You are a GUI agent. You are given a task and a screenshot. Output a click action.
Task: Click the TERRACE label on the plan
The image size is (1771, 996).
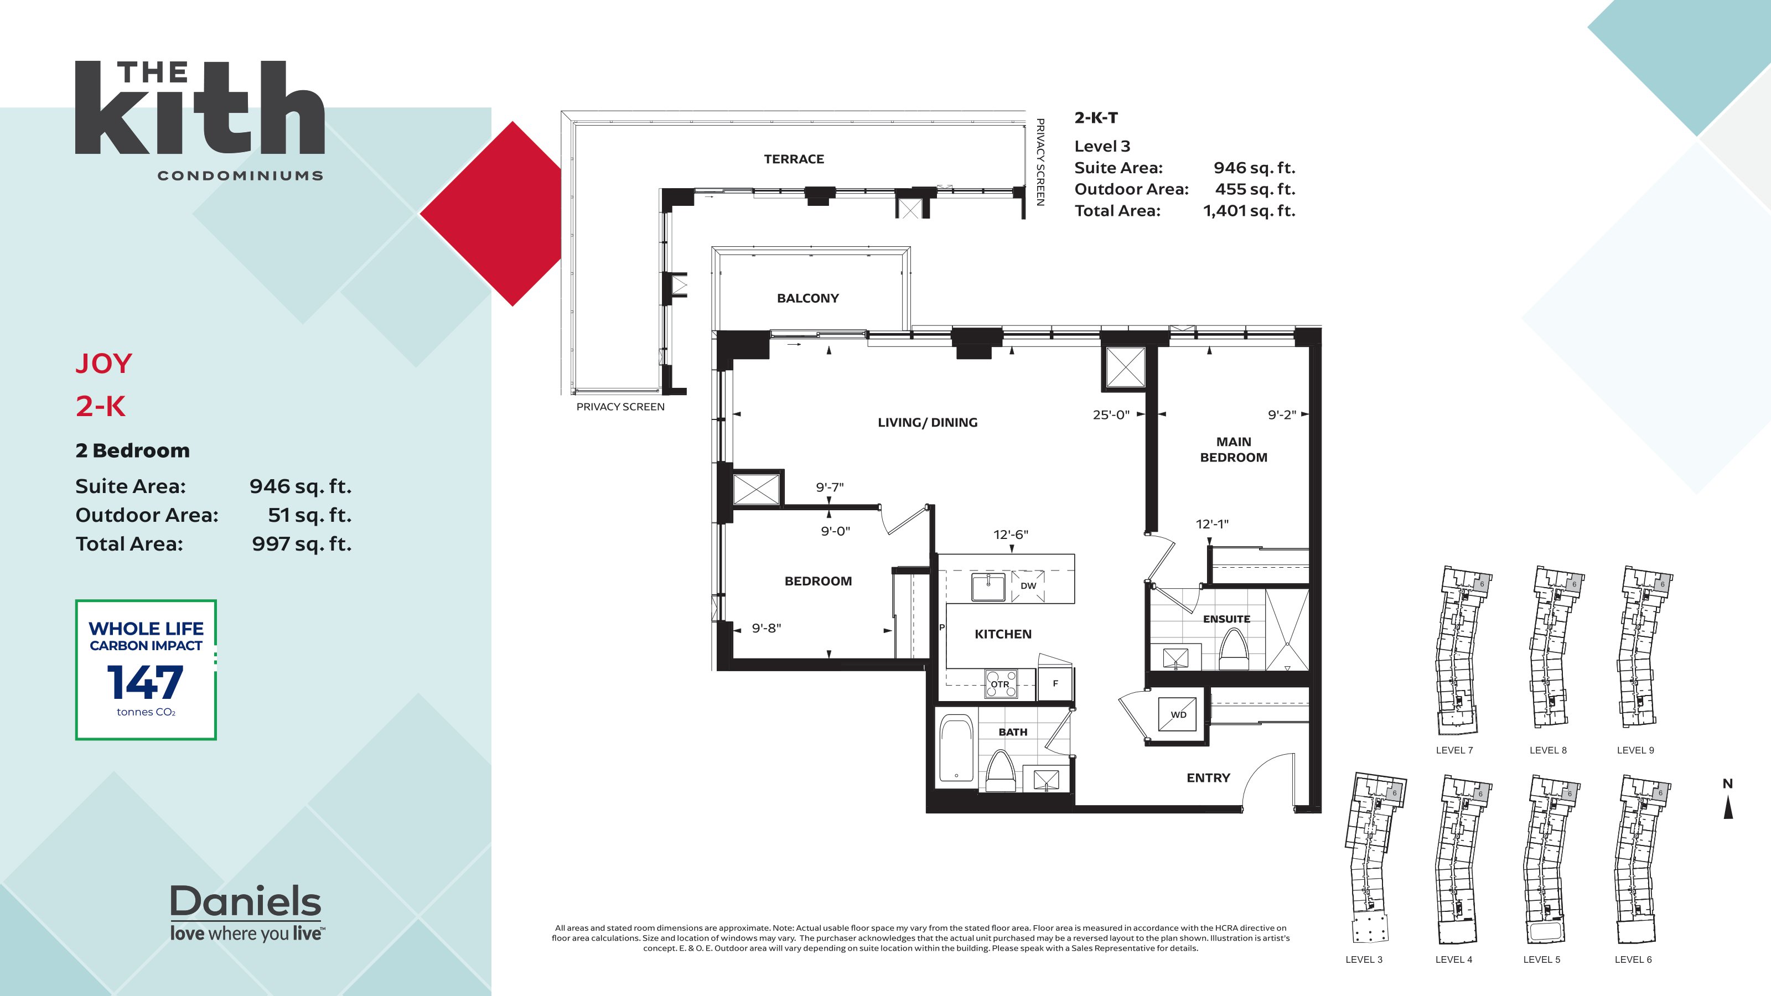tap(794, 159)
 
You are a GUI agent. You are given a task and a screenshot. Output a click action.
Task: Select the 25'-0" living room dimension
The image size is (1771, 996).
tap(1111, 414)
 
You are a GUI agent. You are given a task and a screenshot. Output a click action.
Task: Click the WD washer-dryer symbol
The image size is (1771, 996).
tap(1178, 713)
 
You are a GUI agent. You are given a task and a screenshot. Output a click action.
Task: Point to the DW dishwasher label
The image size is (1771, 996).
tap(1028, 585)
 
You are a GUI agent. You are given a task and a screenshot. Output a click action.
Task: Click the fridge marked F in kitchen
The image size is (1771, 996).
tap(1055, 683)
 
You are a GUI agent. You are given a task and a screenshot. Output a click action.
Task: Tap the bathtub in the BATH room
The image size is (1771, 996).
tap(956, 749)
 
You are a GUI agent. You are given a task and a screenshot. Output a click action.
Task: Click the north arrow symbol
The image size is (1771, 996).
tap(1728, 808)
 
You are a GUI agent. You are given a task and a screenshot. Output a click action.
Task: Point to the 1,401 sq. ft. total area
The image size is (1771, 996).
tap(1249, 210)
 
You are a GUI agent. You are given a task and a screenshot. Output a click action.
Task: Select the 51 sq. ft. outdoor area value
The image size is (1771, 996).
tap(309, 515)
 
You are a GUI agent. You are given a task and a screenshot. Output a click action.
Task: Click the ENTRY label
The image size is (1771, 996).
tap(1208, 777)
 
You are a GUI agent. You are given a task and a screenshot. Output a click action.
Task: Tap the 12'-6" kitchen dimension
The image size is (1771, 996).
tap(1010, 534)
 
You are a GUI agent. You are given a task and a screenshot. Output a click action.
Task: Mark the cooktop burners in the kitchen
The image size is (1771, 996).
tap(1001, 684)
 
